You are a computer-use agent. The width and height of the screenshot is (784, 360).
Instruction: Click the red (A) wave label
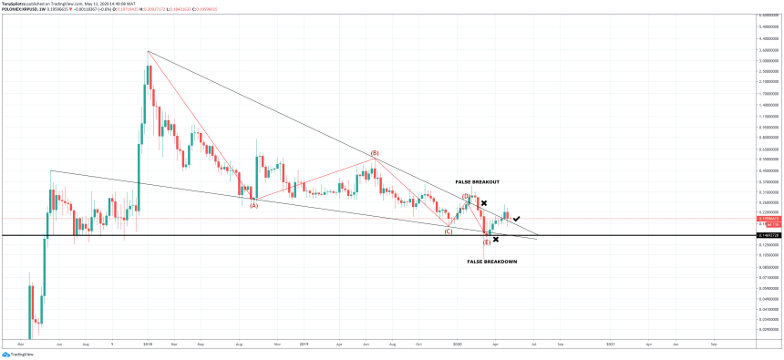(x=254, y=205)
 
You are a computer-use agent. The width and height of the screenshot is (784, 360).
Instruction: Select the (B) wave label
(x=375, y=153)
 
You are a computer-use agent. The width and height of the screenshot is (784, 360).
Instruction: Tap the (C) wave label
(x=449, y=231)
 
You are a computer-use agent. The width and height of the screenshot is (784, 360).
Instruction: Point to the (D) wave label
(x=466, y=196)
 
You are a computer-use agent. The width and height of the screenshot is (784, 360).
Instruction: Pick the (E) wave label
(x=487, y=242)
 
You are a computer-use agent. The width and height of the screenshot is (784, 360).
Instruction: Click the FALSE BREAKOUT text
(x=477, y=182)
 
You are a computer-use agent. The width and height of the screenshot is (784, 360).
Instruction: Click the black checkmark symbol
(x=517, y=219)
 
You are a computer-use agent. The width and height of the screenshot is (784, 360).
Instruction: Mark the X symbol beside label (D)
(x=484, y=202)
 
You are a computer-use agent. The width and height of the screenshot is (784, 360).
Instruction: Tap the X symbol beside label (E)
(x=496, y=240)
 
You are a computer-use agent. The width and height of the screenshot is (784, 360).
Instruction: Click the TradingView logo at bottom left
(x=15, y=355)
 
